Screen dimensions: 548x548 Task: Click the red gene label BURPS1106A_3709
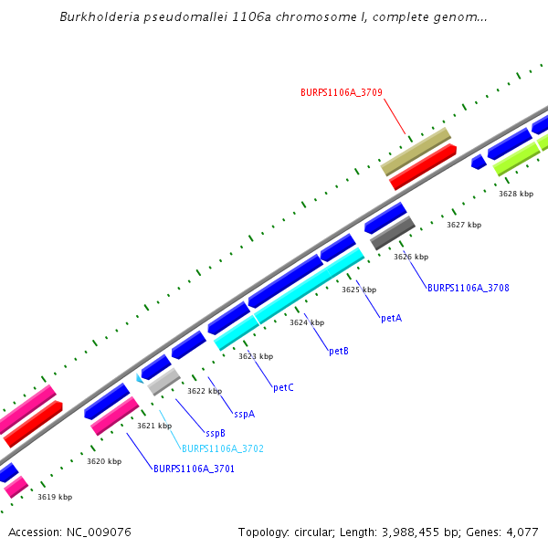[341, 92]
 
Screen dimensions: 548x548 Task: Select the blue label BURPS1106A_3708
[468, 288]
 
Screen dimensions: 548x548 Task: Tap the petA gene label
[391, 319]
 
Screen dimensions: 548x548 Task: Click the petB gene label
[338, 351]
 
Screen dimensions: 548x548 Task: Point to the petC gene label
[283, 387]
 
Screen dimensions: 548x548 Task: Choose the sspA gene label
[244, 414]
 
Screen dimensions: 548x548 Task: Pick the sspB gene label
[216, 433]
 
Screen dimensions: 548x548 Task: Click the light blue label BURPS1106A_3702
[222, 448]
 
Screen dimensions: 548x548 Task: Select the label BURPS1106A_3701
[194, 469]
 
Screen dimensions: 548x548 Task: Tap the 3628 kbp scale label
[515, 194]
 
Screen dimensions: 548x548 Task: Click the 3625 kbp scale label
[359, 290]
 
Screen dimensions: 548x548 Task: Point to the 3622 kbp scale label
[205, 391]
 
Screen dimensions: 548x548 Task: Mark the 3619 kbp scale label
[55, 497]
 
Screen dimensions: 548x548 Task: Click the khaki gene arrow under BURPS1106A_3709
[416, 151]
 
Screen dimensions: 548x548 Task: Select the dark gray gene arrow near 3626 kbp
[393, 232]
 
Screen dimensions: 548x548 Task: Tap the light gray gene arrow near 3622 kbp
[164, 381]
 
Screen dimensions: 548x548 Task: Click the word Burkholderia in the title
[99, 16]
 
